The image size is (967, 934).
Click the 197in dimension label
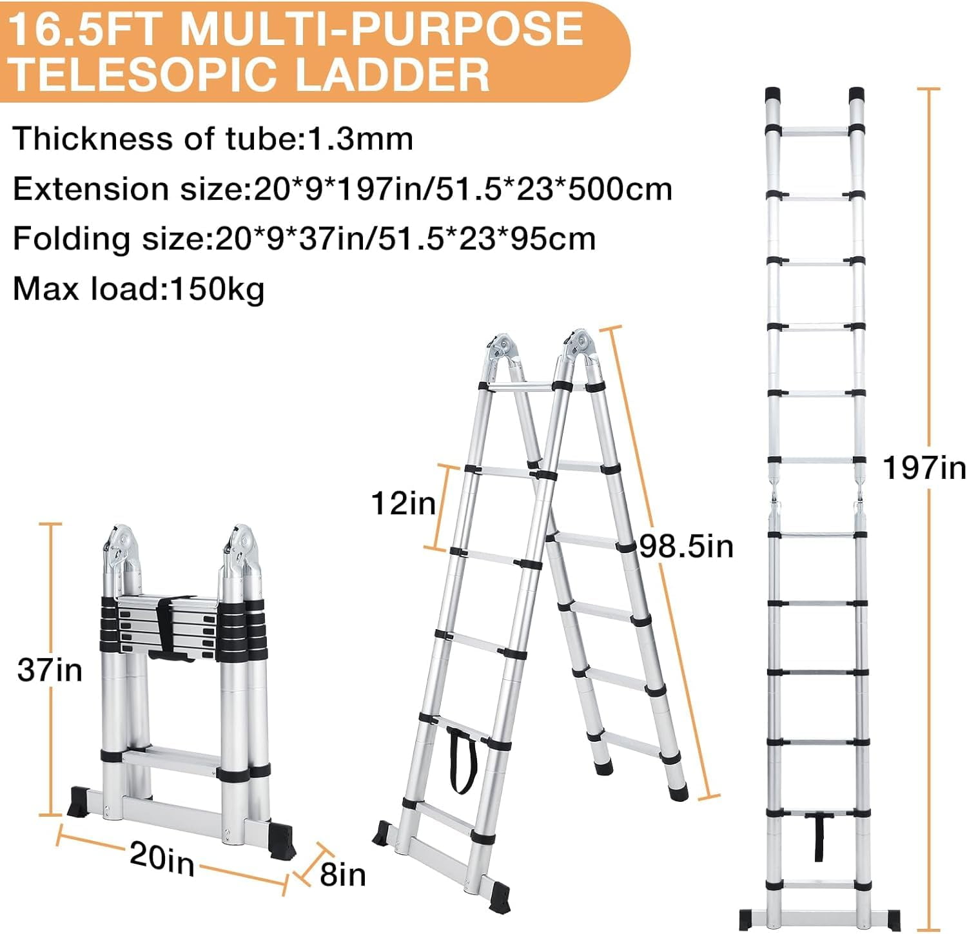(924, 468)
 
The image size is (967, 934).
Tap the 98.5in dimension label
(686, 547)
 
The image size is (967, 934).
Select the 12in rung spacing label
(404, 503)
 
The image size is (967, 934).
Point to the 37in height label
(50, 670)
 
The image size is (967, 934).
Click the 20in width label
(162, 858)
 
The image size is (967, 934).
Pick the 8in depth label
(342, 875)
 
